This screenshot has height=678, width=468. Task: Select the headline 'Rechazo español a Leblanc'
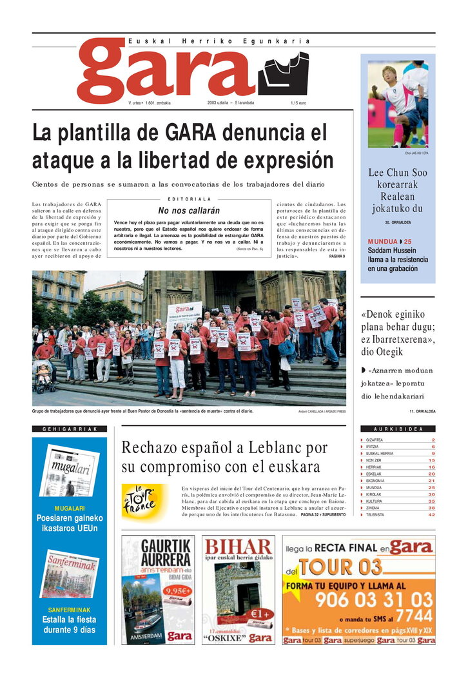click(x=224, y=448)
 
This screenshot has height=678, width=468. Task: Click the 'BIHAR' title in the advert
click(x=238, y=548)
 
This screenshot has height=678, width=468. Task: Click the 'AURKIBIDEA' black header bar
click(x=398, y=429)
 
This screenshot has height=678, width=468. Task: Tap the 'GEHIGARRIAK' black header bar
click(x=70, y=429)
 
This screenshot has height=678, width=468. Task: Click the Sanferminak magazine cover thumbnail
click(x=70, y=574)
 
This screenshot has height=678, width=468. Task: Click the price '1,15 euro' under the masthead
click(x=298, y=103)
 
